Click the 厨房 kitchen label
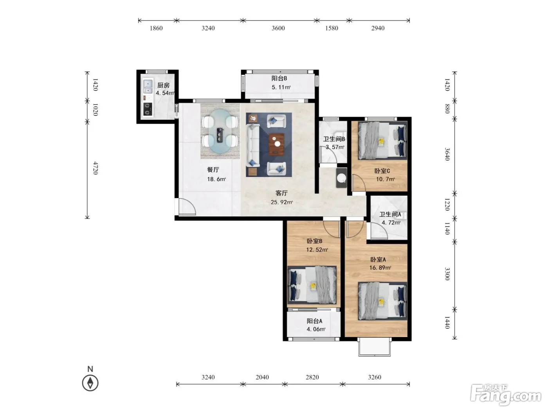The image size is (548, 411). pyautogui.click(x=163, y=85)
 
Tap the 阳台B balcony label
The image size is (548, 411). pyautogui.click(x=279, y=78)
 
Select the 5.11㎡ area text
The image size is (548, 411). pyautogui.click(x=281, y=87)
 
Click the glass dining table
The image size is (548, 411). pyautogui.click(x=220, y=131)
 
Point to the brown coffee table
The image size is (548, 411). pyautogui.click(x=277, y=144)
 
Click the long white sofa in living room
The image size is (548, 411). pyautogui.click(x=253, y=145)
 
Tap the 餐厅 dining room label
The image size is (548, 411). pyautogui.click(x=213, y=170)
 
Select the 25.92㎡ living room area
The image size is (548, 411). pyautogui.click(x=281, y=202)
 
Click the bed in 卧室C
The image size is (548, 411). pyautogui.click(x=382, y=141)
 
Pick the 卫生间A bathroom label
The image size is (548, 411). pyautogui.click(x=390, y=214)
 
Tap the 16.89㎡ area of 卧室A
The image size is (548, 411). pyautogui.click(x=380, y=268)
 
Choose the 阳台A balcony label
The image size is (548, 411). pyautogui.click(x=314, y=321)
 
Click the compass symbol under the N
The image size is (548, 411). pyautogui.click(x=90, y=383)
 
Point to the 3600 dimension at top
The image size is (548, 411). pyautogui.click(x=278, y=28)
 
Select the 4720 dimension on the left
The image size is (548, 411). pyautogui.click(x=96, y=168)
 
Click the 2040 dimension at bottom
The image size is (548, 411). pyautogui.click(x=262, y=377)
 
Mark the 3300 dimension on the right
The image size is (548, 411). pyautogui.click(x=447, y=274)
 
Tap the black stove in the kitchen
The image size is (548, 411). pyautogui.click(x=148, y=109)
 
